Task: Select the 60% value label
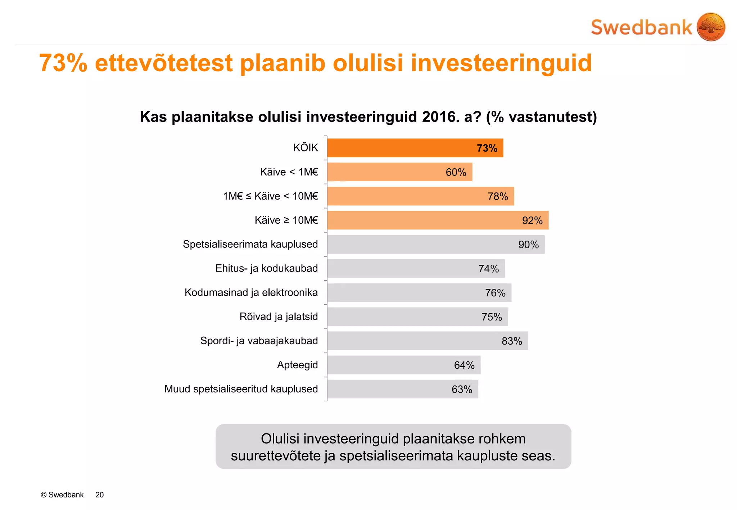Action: tap(456, 172)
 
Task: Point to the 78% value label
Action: tap(498, 196)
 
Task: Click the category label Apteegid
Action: tap(297, 365)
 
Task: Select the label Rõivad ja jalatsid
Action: tap(279, 317)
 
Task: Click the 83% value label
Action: tap(512, 341)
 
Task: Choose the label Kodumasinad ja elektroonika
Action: tap(251, 292)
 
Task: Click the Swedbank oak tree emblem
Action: tap(711, 27)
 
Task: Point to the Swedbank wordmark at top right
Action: tap(641, 28)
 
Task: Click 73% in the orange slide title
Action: tap(63, 63)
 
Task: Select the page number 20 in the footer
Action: tap(99, 495)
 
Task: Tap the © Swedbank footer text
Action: tap(62, 495)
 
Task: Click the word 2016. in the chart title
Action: tap(440, 117)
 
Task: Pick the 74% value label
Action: tap(488, 269)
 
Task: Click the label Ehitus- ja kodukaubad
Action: tap(266, 268)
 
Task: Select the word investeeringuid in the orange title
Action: tap(501, 63)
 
